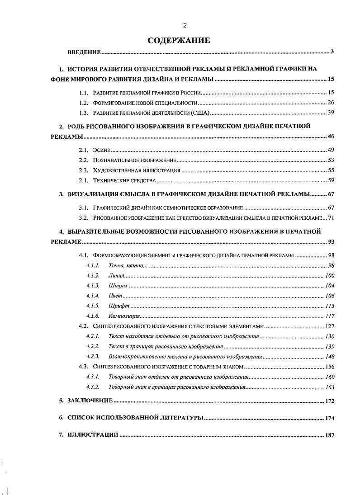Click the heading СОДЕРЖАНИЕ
click(x=179, y=41)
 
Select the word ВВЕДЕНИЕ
click(x=84, y=52)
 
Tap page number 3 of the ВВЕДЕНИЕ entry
click(x=332, y=52)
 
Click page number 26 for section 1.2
click(x=331, y=103)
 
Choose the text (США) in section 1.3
click(x=201, y=113)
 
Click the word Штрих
click(x=118, y=286)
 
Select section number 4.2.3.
click(x=92, y=357)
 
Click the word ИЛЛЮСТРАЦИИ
click(x=93, y=435)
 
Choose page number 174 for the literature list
click(x=329, y=418)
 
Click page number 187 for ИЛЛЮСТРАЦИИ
click(x=329, y=435)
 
